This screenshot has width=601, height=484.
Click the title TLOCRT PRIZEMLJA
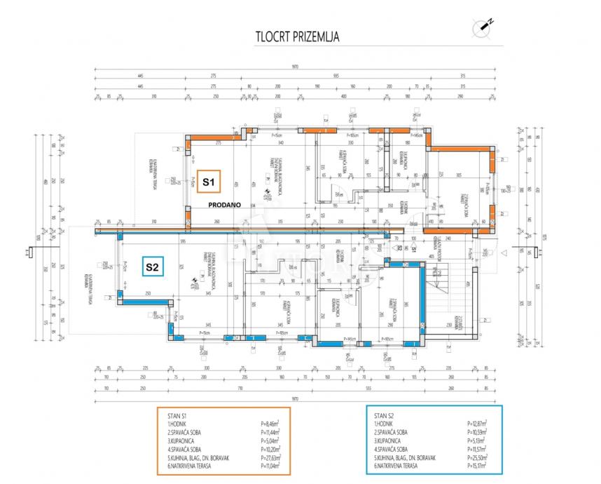click(297, 37)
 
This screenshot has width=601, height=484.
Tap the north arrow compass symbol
click(483, 27)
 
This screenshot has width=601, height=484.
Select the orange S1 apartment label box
click(208, 182)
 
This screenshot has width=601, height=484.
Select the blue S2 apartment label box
click(152, 267)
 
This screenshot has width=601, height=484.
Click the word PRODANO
click(224, 205)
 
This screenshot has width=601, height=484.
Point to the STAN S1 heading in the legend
click(177, 415)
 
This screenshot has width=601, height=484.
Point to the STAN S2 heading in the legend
click(387, 415)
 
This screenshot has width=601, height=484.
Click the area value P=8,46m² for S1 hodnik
click(270, 424)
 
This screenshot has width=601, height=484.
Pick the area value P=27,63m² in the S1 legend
click(270, 457)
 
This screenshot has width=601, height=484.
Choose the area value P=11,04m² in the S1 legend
click(270, 466)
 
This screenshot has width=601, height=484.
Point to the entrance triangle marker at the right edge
click(504, 252)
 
